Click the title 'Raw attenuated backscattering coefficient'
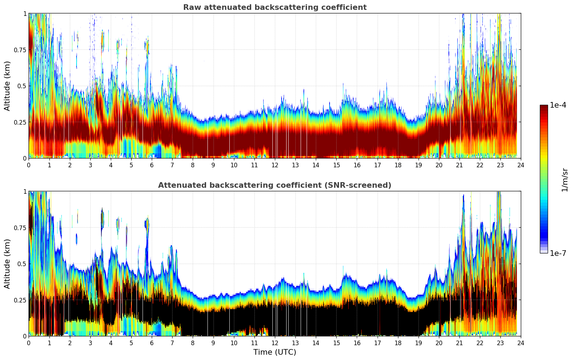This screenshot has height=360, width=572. coord(275,7)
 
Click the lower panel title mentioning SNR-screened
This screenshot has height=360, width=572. coord(275,185)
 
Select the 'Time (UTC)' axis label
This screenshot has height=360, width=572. coord(275,352)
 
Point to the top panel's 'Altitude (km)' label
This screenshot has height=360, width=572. coord(7,86)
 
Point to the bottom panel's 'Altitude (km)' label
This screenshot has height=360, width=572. coord(7,264)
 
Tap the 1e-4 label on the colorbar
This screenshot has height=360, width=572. coord(558,105)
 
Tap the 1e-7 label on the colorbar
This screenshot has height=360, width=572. coord(558,253)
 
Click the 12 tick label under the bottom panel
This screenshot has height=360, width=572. coord(275,343)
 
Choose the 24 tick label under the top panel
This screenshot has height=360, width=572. coord(521,165)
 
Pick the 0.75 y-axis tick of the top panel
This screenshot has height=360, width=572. coord(20,50)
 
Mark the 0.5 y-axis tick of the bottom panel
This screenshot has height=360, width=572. coord(22,264)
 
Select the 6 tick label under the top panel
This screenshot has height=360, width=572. coord(152,165)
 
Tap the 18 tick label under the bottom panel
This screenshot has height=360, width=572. coord(398,343)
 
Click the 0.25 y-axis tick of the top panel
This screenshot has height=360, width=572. coord(20,122)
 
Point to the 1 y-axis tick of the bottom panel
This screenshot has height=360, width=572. coord(25,191)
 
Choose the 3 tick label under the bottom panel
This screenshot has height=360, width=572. coord(90,343)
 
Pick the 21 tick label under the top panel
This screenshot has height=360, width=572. coord(459,165)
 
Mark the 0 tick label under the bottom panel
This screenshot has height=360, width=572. coord(29,343)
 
